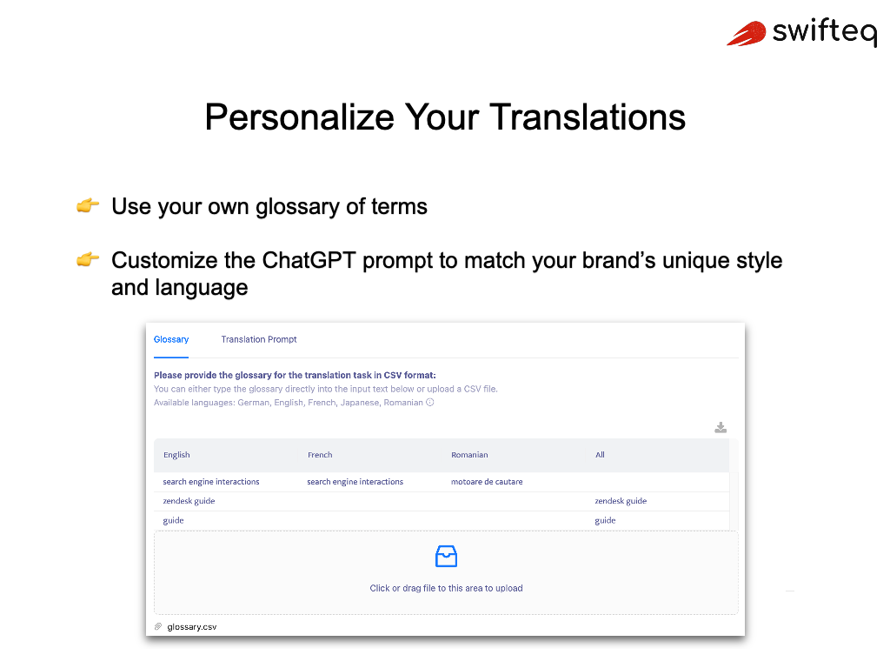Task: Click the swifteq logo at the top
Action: [800, 33]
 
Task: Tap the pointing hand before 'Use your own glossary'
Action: [88, 206]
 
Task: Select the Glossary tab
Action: [171, 339]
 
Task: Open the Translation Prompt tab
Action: [259, 339]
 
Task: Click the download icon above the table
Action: [721, 427]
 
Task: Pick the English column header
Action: [176, 455]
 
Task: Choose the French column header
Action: [320, 455]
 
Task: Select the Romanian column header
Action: [469, 455]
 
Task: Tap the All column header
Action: [600, 455]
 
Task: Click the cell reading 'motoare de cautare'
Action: [487, 482]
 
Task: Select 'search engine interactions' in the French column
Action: [355, 482]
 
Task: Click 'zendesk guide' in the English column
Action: [189, 501]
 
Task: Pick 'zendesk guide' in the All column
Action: [621, 501]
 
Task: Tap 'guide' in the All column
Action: [605, 520]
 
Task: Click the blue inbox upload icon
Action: [446, 557]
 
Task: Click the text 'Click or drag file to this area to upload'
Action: [446, 588]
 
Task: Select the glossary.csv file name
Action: [192, 626]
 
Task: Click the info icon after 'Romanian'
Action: [430, 403]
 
